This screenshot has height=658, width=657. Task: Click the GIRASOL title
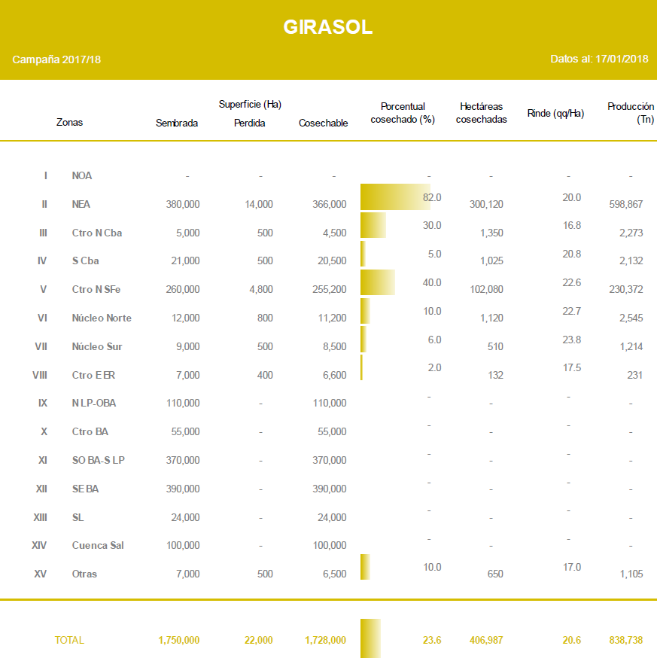(328, 27)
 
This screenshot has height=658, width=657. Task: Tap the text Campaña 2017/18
(56, 59)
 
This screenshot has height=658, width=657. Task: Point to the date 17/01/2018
(622, 59)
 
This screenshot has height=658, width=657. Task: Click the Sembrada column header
(177, 123)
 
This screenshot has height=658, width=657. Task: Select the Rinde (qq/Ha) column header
(555, 113)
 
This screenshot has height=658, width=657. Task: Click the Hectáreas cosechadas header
(482, 113)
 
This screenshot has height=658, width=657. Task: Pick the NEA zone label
(82, 204)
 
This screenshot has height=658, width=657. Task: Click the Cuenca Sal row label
(98, 545)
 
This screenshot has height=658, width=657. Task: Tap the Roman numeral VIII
(40, 375)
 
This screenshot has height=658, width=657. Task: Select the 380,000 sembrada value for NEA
(183, 204)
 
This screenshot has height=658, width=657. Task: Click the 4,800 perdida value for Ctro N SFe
(259, 289)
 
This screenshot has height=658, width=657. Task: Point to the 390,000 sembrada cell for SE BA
(183, 489)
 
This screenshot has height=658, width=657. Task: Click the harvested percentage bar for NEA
(395, 197)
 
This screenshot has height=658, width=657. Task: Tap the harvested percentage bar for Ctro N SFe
(378, 282)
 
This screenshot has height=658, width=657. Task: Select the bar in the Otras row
(365, 567)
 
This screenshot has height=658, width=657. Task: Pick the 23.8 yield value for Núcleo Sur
(571, 340)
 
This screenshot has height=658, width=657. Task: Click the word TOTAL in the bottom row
(69, 640)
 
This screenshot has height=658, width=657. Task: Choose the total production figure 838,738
(625, 640)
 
